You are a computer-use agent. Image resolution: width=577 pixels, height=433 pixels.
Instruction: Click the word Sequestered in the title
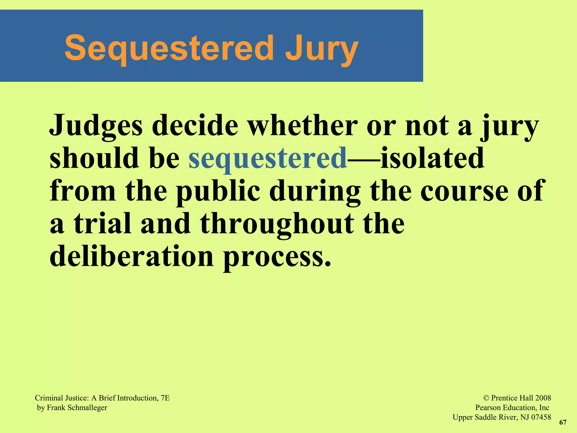(169, 48)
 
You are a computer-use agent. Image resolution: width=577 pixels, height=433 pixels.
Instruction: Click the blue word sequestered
(268, 158)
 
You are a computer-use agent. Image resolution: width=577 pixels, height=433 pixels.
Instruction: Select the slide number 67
(563, 422)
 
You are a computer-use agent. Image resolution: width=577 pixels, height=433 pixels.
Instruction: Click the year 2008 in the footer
(543, 398)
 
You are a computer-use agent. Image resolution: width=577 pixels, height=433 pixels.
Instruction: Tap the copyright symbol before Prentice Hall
(486, 398)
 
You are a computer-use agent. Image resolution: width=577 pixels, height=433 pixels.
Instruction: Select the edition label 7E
(165, 398)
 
